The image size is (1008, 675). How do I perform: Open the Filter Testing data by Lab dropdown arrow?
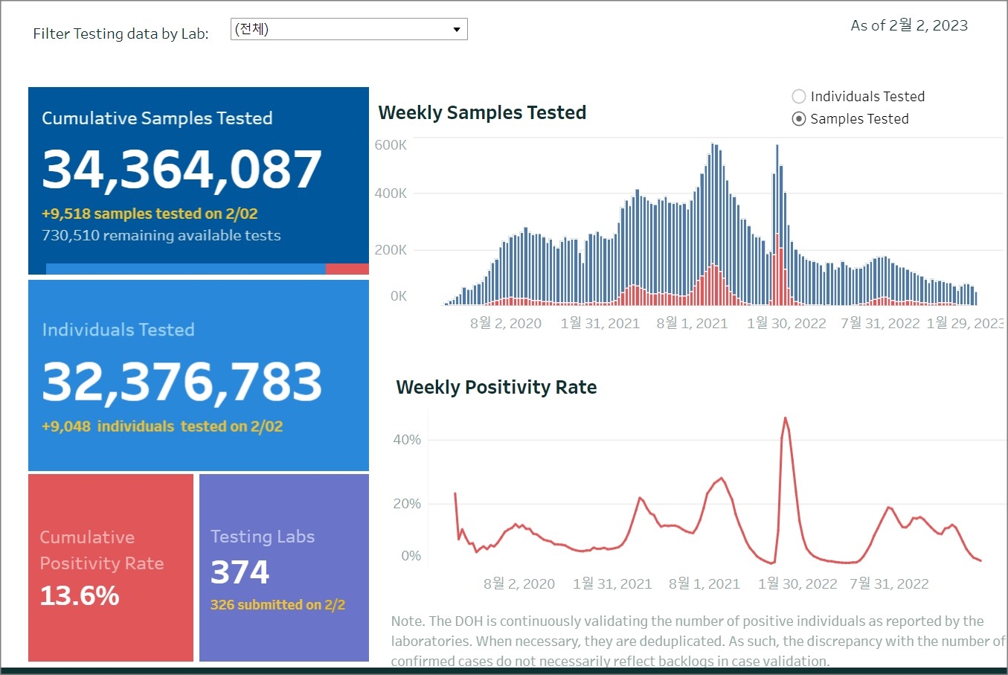457,30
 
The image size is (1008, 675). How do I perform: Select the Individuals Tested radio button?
799,97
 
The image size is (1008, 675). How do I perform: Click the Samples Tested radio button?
799,119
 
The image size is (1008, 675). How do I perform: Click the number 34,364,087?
182,170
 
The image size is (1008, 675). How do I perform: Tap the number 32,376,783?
182,382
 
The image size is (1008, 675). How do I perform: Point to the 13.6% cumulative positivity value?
80,596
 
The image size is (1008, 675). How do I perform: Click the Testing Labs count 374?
240,572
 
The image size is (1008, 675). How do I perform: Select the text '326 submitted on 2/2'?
277,605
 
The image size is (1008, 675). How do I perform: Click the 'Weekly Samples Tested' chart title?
482,113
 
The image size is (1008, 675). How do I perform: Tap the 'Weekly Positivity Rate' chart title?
496,388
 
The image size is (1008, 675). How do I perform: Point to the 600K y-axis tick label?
391,145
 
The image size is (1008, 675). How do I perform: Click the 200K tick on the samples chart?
391,250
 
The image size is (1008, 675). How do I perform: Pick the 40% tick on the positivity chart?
407,440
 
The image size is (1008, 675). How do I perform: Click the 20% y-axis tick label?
407,504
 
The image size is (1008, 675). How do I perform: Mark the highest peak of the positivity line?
786,418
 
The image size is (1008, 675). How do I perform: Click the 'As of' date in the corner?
909,26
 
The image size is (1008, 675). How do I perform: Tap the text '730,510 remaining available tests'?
161,236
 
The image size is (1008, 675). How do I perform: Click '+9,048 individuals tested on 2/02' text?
162,426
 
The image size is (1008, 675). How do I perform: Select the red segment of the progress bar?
347,269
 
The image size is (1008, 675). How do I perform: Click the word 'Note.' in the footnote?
408,621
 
